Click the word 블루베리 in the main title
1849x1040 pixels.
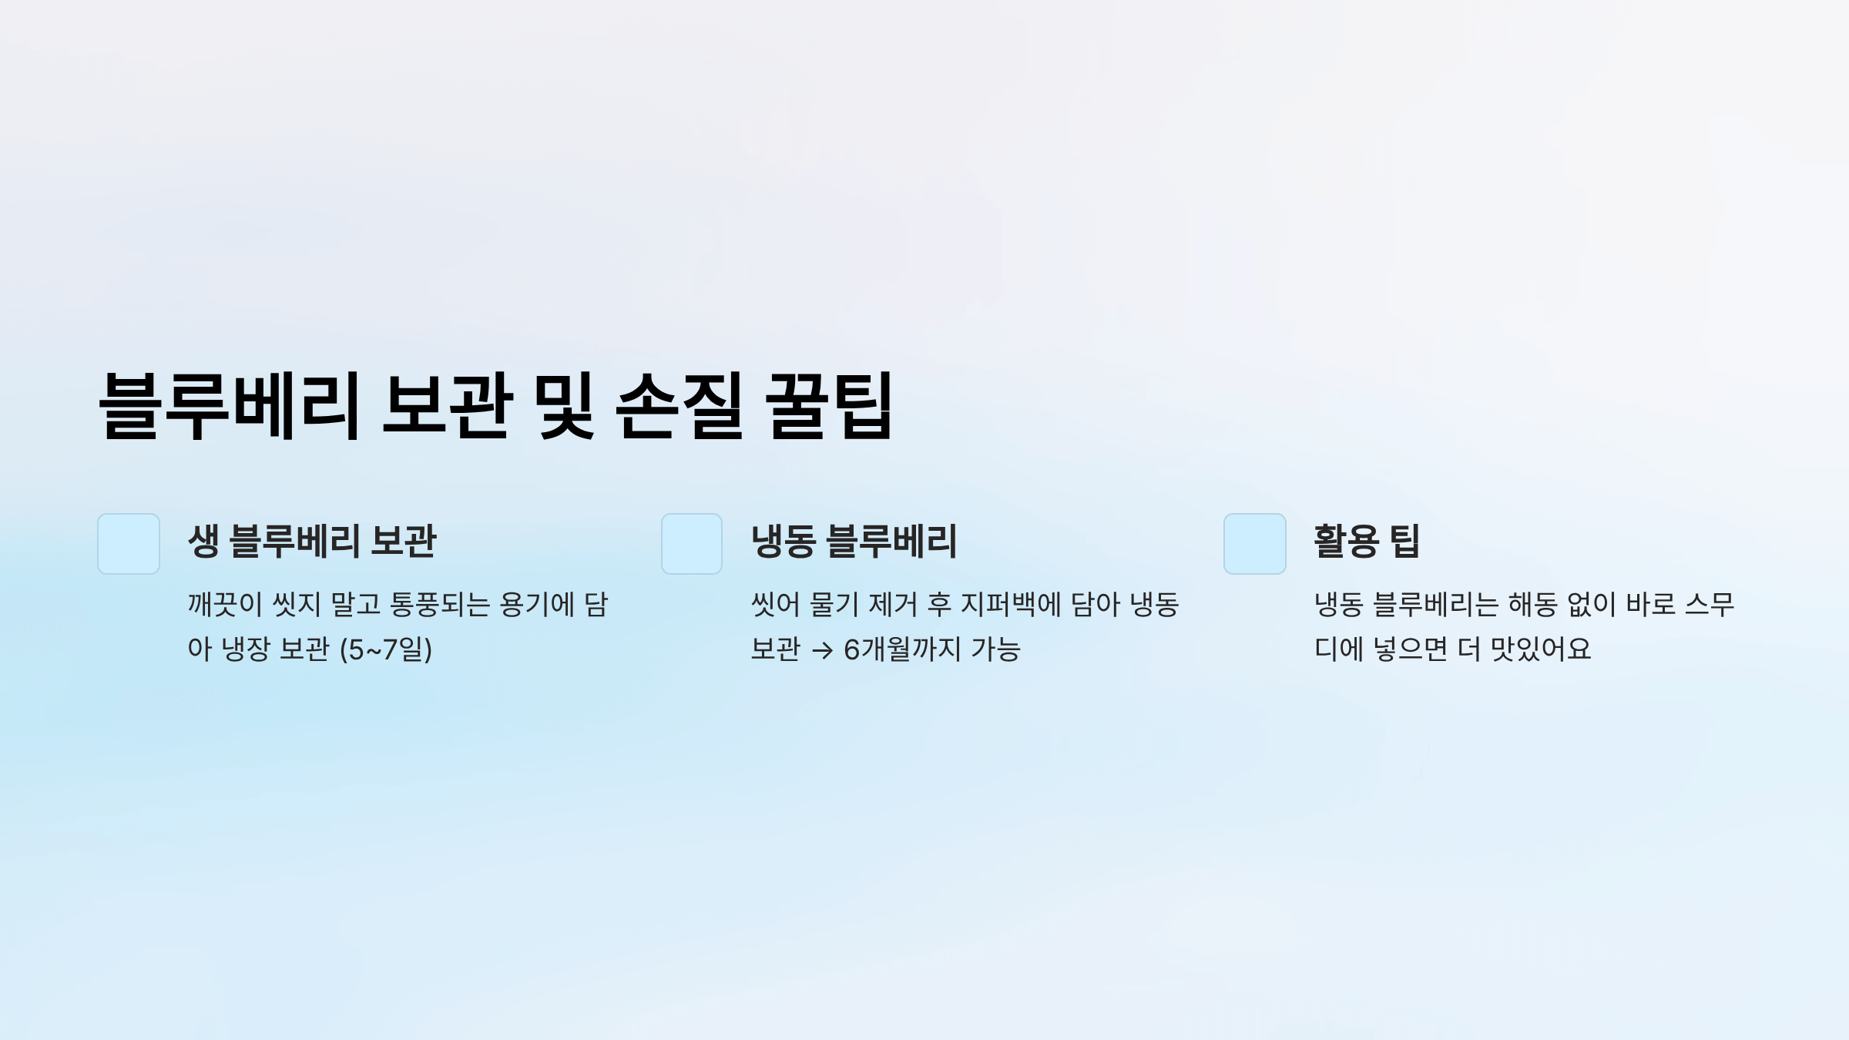coord(230,406)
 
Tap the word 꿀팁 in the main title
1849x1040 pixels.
coord(829,406)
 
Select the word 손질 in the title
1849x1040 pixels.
coord(680,406)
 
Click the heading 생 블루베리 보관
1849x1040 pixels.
coord(312,541)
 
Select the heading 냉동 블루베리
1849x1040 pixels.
coord(854,541)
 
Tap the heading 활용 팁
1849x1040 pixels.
coord(1366,541)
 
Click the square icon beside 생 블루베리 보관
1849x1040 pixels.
coord(129,544)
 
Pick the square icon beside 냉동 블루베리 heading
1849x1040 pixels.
coord(692,544)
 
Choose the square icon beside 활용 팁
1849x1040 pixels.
coord(1255,544)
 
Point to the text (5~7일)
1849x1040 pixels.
coord(386,649)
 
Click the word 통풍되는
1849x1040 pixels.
coord(440,605)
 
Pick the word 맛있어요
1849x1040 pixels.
coord(1541,649)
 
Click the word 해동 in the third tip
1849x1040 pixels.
coord(1532,605)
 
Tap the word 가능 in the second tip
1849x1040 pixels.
coord(995,649)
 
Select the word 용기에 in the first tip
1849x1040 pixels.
coord(537,605)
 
